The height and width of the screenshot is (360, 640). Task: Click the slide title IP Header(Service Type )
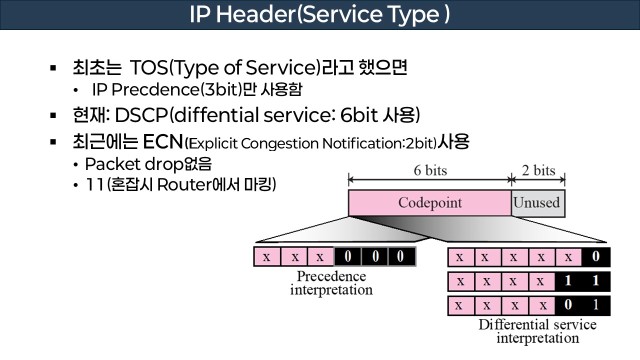[x=319, y=15]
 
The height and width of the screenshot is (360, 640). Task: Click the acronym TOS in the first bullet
[x=147, y=67]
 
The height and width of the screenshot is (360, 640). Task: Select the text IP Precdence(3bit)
[x=166, y=90]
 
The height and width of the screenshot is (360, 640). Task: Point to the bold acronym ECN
[x=162, y=142]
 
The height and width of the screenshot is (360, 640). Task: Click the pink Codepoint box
[x=429, y=203]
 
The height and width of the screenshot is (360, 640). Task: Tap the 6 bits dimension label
[x=429, y=170]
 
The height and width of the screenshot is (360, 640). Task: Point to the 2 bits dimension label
[x=538, y=170]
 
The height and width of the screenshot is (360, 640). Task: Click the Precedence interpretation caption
[x=331, y=283]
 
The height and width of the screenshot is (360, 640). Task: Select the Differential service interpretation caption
[x=537, y=331]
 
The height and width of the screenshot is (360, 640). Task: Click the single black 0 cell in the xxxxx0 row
[x=595, y=257]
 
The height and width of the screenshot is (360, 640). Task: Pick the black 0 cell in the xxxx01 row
[x=568, y=305]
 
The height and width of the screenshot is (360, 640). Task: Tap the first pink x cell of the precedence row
[x=266, y=257]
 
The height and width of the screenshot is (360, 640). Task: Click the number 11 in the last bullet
[x=93, y=185]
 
